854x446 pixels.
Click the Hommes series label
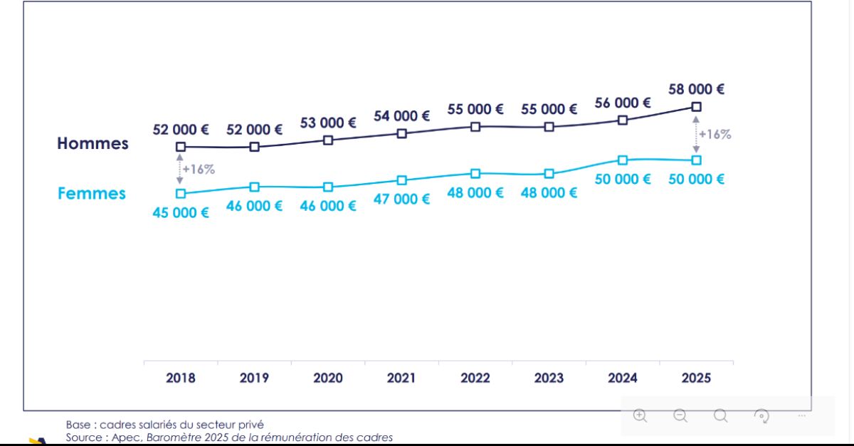(x=93, y=143)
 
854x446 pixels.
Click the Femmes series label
(x=92, y=193)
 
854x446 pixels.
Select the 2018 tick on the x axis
(x=181, y=378)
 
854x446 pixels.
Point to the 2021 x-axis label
(x=401, y=378)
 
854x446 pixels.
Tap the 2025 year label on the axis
(x=696, y=378)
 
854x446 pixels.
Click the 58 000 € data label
(x=696, y=89)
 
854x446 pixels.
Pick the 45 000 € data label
(x=181, y=212)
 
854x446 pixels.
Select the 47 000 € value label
(x=401, y=199)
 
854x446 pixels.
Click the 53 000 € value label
(x=328, y=123)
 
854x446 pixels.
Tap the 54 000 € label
(x=401, y=115)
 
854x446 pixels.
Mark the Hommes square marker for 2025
(x=696, y=106)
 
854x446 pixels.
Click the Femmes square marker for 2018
(x=181, y=193)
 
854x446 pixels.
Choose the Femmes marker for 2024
(x=623, y=160)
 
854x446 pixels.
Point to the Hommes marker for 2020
(x=328, y=140)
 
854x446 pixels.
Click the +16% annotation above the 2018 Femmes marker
(x=199, y=170)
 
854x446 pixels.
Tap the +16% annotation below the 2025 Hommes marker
(x=715, y=134)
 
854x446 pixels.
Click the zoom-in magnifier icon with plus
(x=640, y=415)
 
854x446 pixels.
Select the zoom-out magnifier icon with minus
(x=680, y=415)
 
